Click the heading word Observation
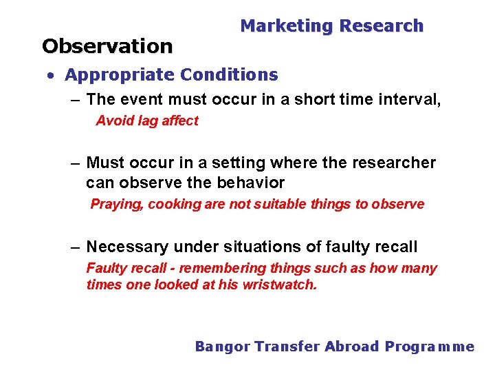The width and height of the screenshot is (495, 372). pyautogui.click(x=107, y=46)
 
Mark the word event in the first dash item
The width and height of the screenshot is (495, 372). pyautogui.click(x=138, y=99)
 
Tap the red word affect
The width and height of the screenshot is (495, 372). pyautogui.click(x=180, y=121)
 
